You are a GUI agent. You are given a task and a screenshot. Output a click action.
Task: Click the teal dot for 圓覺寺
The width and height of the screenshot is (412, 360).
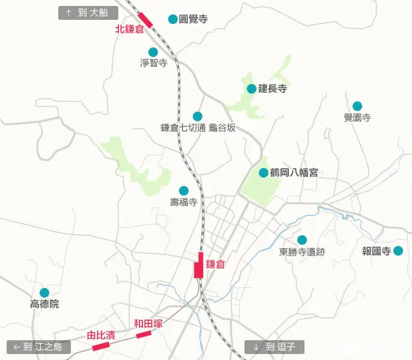coord(173,19)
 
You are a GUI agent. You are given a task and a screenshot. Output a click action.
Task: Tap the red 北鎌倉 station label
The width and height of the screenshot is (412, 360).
coord(130,29)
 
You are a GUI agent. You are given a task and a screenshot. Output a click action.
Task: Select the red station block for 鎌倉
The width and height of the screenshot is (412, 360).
coord(199,265)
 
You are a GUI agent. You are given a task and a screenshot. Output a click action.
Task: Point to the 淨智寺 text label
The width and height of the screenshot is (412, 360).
coord(153,63)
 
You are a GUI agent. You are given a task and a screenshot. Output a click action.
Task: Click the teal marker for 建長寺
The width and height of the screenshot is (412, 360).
coord(252,89)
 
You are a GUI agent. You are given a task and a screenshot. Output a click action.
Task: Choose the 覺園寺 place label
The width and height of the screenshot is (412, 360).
coord(357,118)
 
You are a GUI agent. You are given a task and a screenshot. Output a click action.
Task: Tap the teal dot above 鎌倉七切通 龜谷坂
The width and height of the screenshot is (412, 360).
coord(198,116)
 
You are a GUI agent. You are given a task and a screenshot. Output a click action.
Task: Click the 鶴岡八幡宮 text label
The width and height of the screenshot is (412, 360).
coord(294,173)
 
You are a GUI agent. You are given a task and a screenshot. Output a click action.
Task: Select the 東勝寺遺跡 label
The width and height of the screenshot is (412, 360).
coord(301,252)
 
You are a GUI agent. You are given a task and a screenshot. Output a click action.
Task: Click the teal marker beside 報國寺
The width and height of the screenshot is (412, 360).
coord(398,251)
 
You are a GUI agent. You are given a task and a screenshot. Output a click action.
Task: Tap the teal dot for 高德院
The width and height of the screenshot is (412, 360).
coord(44,293)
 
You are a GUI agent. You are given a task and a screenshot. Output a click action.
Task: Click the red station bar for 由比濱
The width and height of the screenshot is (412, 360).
coord(100,346)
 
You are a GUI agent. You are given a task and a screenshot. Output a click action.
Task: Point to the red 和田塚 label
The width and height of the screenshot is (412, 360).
coord(148,323)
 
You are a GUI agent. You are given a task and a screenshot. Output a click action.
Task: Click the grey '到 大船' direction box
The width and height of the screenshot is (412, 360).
coord(88,13)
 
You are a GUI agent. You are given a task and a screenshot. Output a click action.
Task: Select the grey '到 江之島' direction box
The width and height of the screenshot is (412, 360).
coord(38,347)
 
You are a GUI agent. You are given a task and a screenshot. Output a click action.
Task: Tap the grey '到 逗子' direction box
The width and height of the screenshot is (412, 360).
coord(274,347)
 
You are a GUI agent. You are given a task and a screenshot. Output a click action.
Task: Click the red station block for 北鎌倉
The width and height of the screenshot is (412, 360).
coord(145,20)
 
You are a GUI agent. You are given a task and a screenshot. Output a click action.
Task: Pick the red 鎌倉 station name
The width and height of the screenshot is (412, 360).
coord(215,264)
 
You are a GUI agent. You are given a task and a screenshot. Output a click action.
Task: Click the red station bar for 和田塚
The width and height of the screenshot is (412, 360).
coord(143,334)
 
